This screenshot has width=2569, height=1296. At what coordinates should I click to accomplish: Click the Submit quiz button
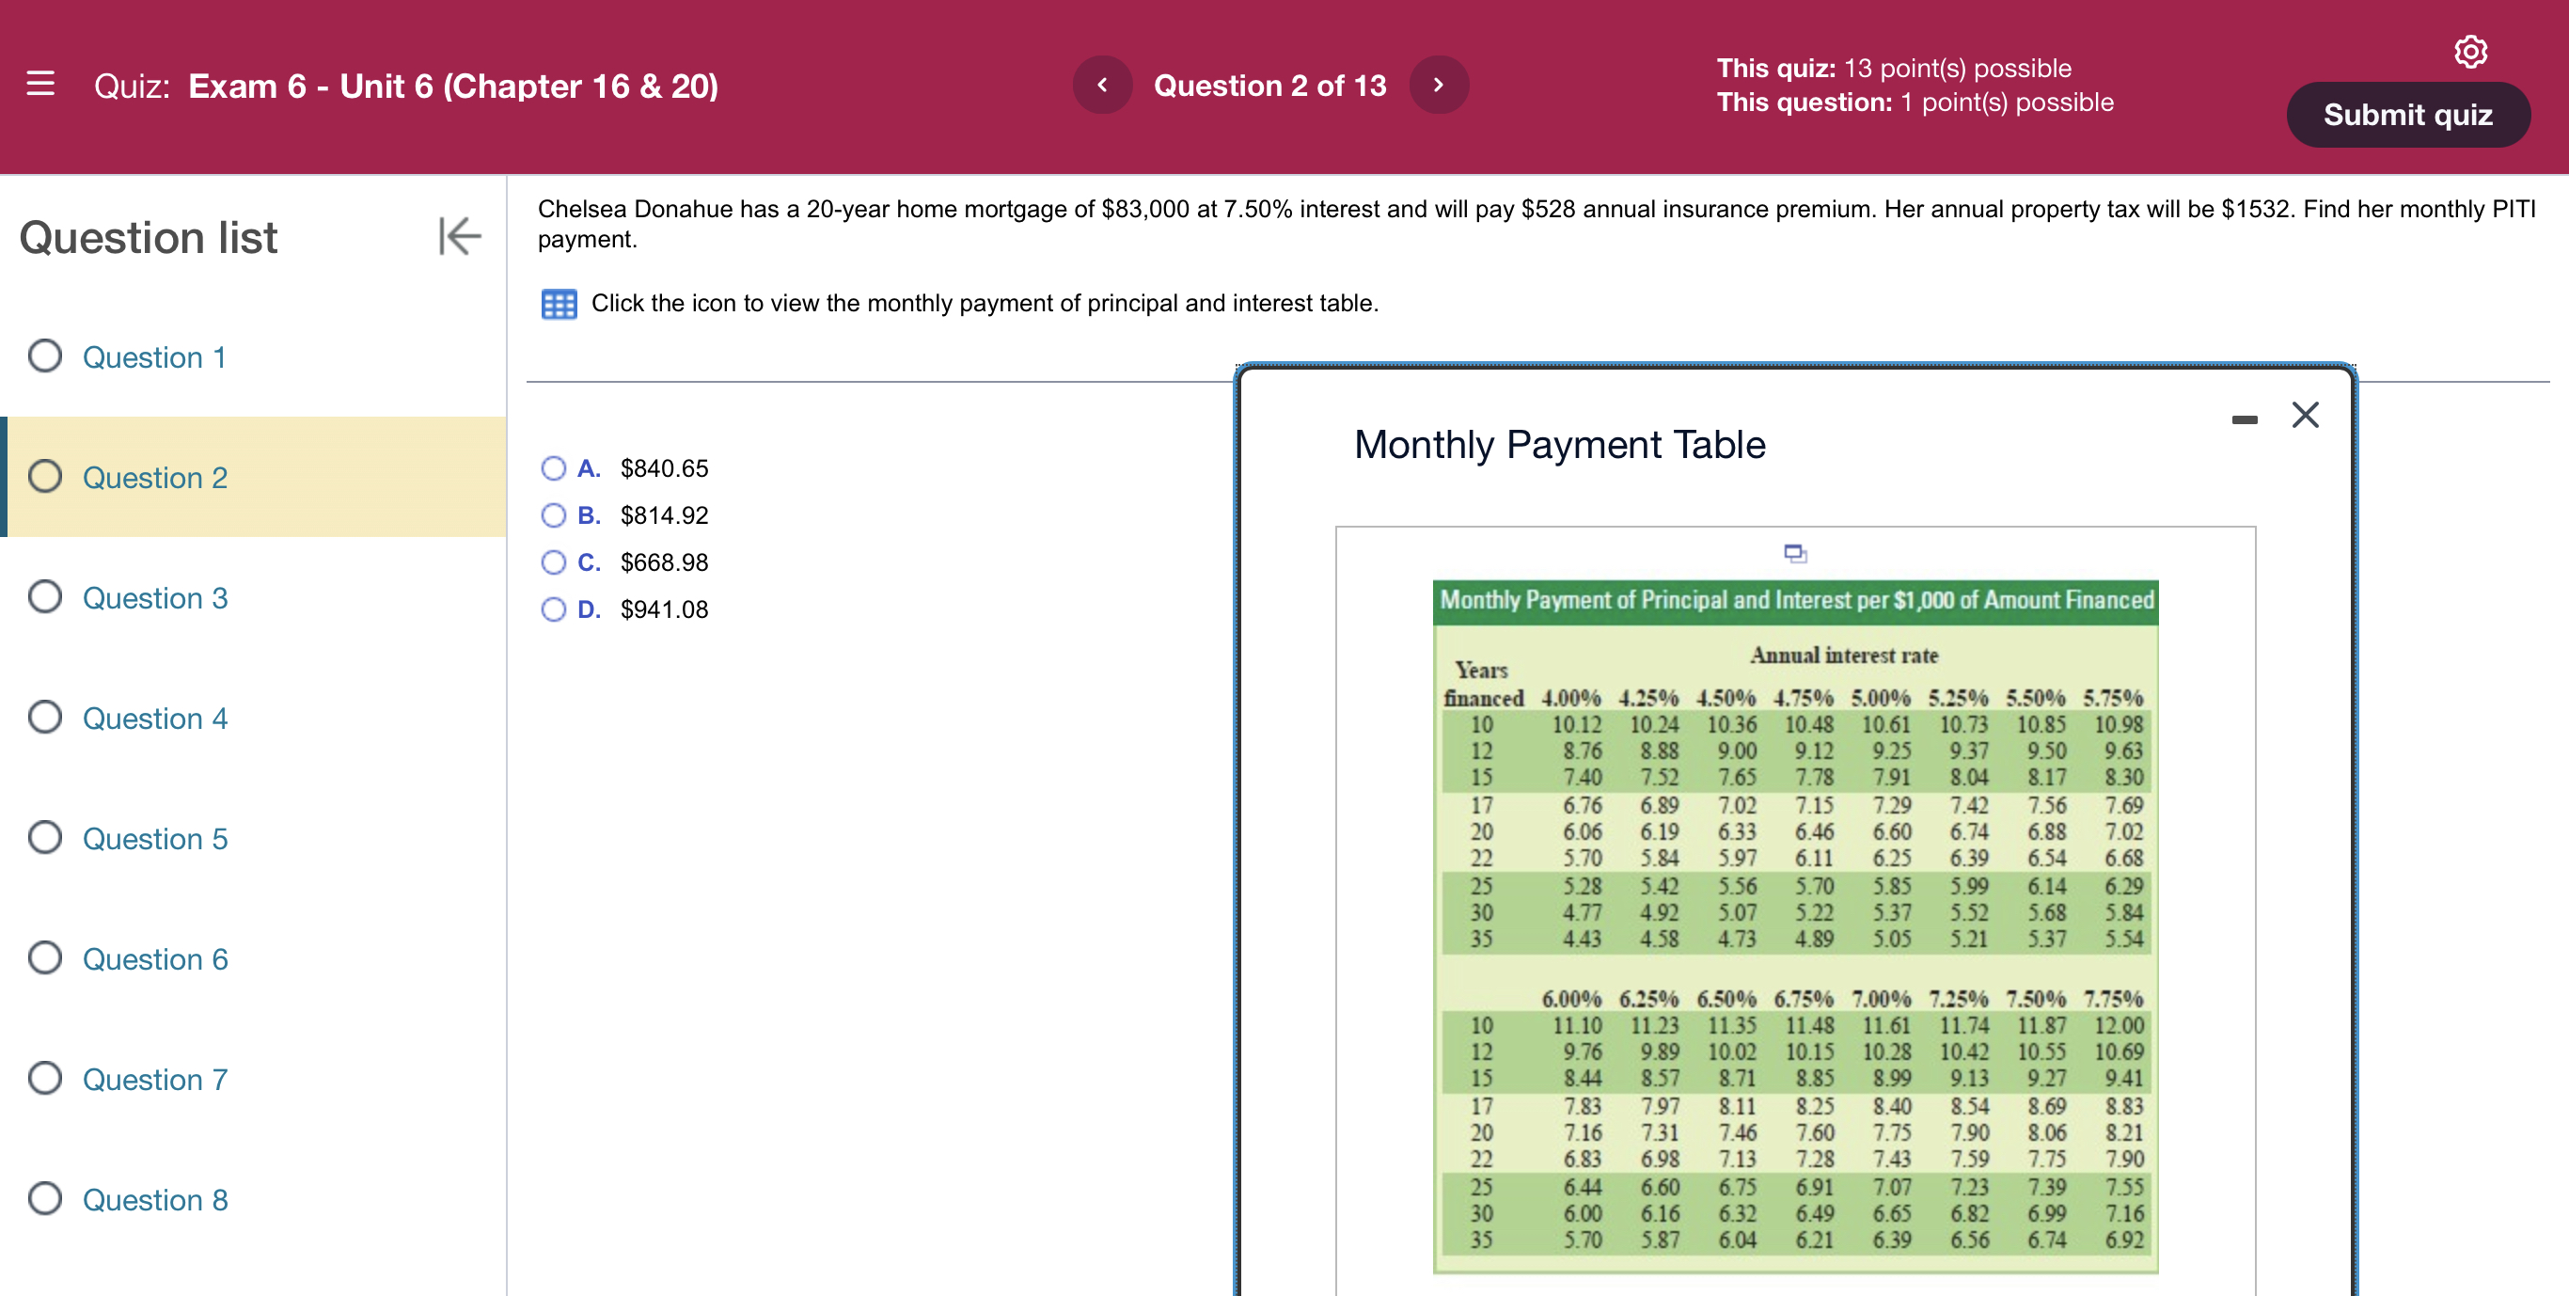click(2406, 115)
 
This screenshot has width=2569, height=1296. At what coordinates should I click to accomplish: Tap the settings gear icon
click(2469, 51)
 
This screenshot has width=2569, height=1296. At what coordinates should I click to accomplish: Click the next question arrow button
click(1437, 85)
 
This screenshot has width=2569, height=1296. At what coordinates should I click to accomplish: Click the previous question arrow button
click(1102, 85)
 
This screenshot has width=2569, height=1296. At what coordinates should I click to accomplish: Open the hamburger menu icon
click(39, 84)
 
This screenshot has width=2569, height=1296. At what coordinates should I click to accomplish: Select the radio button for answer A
click(554, 468)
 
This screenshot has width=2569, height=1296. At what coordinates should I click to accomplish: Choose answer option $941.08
click(663, 609)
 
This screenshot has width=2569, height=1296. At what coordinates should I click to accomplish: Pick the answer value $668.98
click(663, 562)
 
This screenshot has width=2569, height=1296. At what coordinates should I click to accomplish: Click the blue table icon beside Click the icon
click(559, 303)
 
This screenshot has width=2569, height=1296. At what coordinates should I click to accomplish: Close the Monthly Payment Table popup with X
click(2305, 415)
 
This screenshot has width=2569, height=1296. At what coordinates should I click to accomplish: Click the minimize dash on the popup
click(2244, 420)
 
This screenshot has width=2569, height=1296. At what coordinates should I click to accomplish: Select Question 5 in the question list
click(154, 839)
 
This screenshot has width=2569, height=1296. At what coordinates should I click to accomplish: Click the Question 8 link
click(154, 1200)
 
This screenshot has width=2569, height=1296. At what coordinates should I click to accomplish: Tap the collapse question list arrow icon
click(460, 236)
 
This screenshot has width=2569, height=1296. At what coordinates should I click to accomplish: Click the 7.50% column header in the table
click(2036, 998)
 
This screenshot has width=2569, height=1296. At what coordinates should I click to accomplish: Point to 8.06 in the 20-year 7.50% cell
click(2046, 1132)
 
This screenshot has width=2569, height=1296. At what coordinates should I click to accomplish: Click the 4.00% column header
click(1570, 698)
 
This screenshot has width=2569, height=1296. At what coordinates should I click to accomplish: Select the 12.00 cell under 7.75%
click(2119, 1024)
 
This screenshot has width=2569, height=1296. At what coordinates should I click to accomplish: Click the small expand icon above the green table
click(1795, 553)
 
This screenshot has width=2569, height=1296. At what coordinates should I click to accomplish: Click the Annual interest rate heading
click(1844, 656)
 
